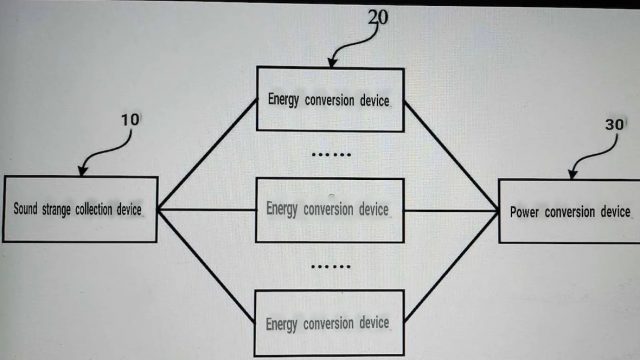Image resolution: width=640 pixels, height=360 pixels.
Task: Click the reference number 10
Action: coord(130,120)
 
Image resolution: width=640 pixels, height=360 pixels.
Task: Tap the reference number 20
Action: coord(378,18)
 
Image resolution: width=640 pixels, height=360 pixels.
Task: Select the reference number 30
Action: coord(614,124)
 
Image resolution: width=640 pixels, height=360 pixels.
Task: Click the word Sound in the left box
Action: coord(25,209)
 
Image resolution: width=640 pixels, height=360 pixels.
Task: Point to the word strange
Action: coord(56,210)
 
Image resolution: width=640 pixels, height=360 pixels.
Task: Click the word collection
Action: coord(94,209)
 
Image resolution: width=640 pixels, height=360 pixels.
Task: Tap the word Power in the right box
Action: coord(524,212)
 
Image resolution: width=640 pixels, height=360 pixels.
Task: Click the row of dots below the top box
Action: coord(331,155)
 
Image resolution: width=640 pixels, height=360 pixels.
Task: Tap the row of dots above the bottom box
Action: coord(331,267)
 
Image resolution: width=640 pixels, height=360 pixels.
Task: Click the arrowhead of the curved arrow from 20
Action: coord(332,62)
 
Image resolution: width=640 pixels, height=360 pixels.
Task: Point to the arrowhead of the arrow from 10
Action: coord(82,171)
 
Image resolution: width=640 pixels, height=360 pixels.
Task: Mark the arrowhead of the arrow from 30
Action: coord(573,174)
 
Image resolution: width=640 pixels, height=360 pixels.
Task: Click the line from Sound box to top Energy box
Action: coord(207,154)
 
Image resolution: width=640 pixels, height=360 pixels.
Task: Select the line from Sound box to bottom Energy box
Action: coord(206,266)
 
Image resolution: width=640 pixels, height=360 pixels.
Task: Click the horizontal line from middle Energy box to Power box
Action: coord(451,211)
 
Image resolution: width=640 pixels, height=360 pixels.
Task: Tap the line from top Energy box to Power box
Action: coord(451,156)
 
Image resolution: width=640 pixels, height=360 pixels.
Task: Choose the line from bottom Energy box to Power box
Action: coord(451,266)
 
